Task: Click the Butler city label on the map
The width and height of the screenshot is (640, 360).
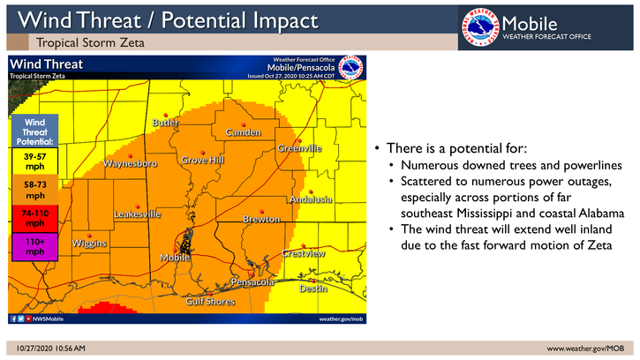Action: point(166,123)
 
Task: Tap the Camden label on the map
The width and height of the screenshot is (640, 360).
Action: point(244,132)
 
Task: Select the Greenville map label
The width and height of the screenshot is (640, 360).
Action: point(299,148)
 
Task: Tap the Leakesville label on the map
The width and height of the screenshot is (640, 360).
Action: point(137,214)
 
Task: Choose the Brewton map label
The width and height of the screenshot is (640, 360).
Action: point(261,218)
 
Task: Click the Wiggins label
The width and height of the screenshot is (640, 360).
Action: point(89,243)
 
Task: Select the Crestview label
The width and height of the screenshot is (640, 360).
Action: point(304,254)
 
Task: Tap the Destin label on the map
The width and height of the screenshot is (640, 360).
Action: point(313,289)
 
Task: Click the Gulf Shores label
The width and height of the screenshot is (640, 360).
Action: point(209,302)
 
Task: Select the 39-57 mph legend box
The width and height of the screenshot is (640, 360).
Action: point(34,161)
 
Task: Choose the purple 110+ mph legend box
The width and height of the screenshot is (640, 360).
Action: point(34,248)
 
